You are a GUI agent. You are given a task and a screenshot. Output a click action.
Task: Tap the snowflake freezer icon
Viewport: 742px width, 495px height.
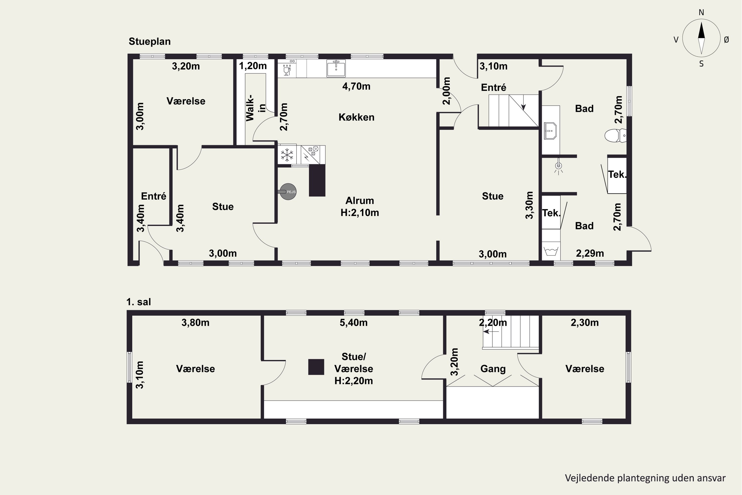coord(287,155)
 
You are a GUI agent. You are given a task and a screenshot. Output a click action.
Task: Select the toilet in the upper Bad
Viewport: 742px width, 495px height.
coord(615,135)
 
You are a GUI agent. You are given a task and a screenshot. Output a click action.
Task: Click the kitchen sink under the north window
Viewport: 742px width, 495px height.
coord(336,68)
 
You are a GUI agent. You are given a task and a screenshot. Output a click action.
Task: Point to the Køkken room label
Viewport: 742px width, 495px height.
coord(356,117)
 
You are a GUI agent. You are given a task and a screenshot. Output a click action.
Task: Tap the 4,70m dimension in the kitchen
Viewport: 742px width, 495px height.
coord(356,86)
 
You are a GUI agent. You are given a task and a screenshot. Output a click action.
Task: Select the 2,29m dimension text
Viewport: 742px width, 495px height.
coord(590,253)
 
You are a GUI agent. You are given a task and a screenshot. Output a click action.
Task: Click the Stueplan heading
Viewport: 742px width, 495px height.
coord(150,41)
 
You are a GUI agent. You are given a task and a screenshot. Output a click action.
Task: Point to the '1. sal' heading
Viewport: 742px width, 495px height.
coord(139,302)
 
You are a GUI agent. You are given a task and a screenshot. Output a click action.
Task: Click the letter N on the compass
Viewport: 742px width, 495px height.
coord(701,12)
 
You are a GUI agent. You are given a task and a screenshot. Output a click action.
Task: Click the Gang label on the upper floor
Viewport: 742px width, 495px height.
coord(493,369)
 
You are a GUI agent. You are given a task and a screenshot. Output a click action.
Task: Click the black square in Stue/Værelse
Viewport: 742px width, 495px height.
coord(316,367)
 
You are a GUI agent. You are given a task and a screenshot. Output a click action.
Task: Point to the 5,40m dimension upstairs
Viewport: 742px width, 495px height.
coord(354,323)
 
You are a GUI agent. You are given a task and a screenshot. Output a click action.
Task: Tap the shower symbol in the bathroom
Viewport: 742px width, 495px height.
coord(558,167)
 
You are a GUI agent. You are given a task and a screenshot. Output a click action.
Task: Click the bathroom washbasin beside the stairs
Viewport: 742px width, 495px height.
coord(551,131)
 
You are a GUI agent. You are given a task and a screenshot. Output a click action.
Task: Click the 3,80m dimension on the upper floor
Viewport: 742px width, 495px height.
coord(195,323)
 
